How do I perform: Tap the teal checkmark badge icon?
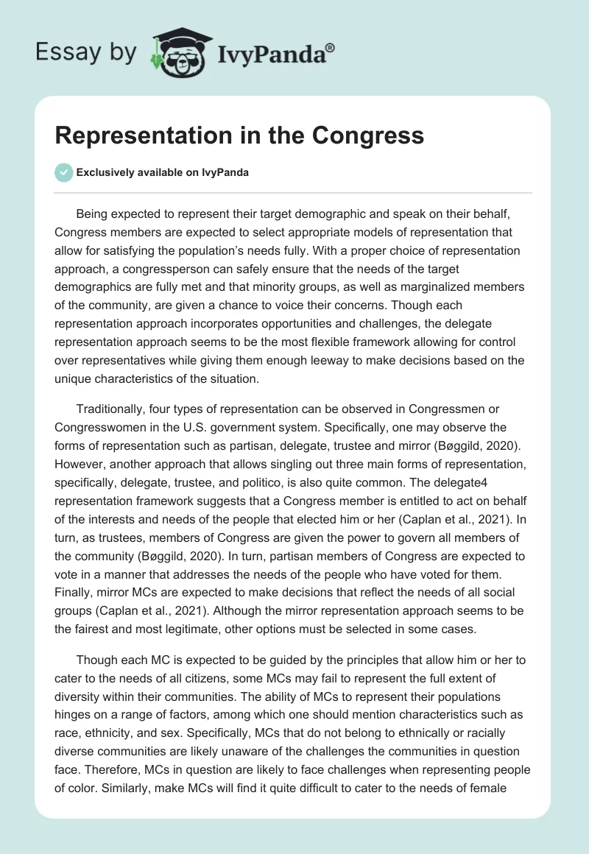63,172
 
